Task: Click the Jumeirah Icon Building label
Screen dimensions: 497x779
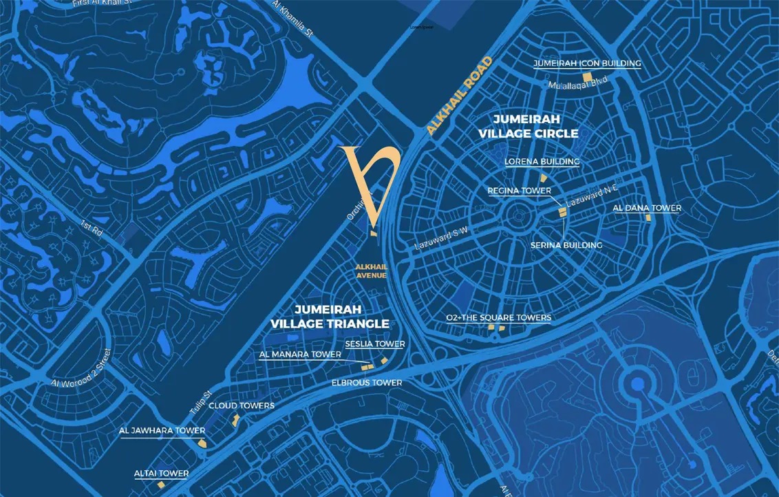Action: [x=587, y=63]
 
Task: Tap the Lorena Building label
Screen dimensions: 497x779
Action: [x=542, y=162]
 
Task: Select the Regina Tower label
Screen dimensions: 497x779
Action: [x=520, y=191]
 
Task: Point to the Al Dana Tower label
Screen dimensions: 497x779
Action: [x=647, y=208]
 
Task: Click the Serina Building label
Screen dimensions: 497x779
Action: [x=566, y=245]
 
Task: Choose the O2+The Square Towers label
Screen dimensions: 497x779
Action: [x=498, y=317]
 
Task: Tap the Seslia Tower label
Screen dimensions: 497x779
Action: [x=374, y=343]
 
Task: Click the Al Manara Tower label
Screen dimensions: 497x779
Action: [x=300, y=355]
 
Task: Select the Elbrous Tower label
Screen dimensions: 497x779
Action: [x=366, y=383]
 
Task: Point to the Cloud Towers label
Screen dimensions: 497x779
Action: [x=242, y=405]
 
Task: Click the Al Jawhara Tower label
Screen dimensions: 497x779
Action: [x=162, y=431]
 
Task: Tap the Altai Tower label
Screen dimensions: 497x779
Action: [x=161, y=474]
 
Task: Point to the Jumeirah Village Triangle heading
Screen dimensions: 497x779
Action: [x=330, y=317]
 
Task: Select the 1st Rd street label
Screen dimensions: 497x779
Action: [x=91, y=228]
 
